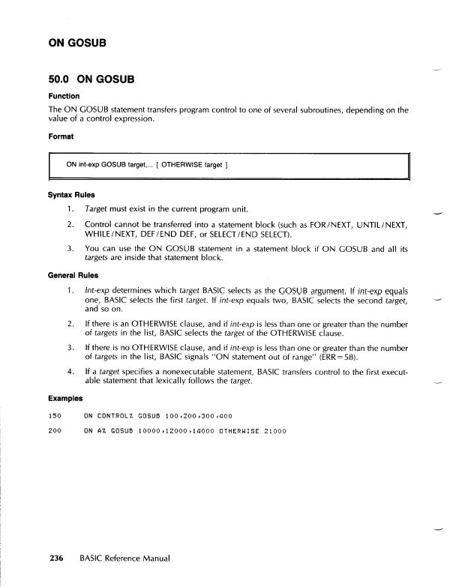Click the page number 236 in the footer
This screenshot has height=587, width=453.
tap(57, 559)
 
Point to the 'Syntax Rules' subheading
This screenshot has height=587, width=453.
tap(70, 195)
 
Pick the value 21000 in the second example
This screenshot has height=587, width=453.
tap(275, 431)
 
